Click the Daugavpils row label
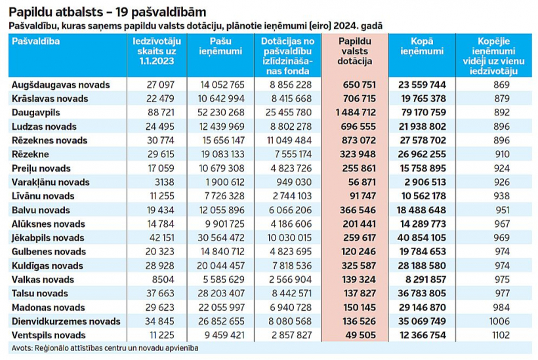pyautogui.click(x=36, y=113)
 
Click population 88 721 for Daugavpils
pyautogui.click(x=160, y=113)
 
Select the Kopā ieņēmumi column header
pyautogui.click(x=421, y=46)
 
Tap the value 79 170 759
pyautogui.click(x=421, y=113)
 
